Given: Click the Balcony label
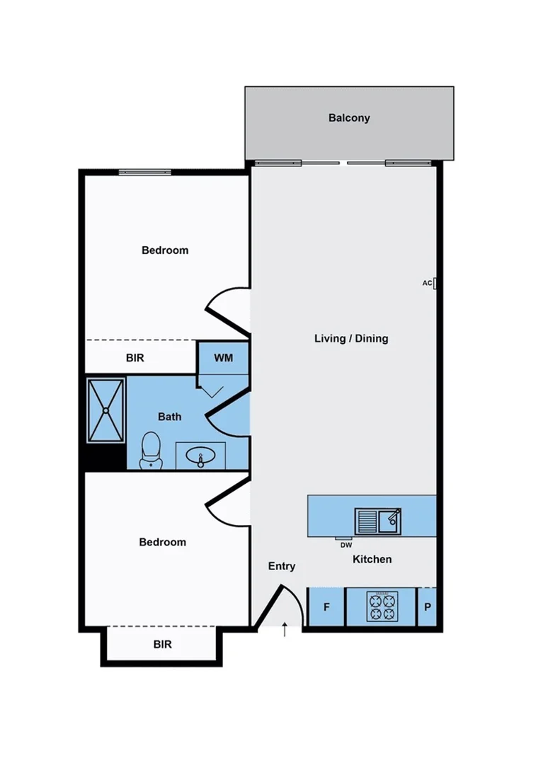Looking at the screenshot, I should (x=349, y=118).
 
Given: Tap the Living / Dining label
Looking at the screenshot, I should (x=351, y=338).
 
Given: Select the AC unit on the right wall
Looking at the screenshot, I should (x=435, y=283).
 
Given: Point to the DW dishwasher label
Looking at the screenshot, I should (x=346, y=545).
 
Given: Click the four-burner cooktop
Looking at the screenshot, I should (x=382, y=607).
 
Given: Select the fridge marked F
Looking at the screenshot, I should (x=326, y=607).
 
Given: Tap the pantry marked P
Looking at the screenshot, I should (x=427, y=607).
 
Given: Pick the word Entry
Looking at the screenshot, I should (x=282, y=566).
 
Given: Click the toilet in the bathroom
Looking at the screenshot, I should (x=150, y=451).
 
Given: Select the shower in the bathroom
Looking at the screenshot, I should (x=105, y=410).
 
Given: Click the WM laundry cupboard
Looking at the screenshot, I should (x=224, y=358).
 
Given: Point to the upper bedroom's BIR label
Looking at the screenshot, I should (x=135, y=358).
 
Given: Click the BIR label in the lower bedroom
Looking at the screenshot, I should (x=163, y=644).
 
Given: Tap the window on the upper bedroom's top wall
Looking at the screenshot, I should (x=144, y=172).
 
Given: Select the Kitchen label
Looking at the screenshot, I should (x=372, y=559).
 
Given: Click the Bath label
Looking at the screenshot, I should (x=169, y=417).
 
